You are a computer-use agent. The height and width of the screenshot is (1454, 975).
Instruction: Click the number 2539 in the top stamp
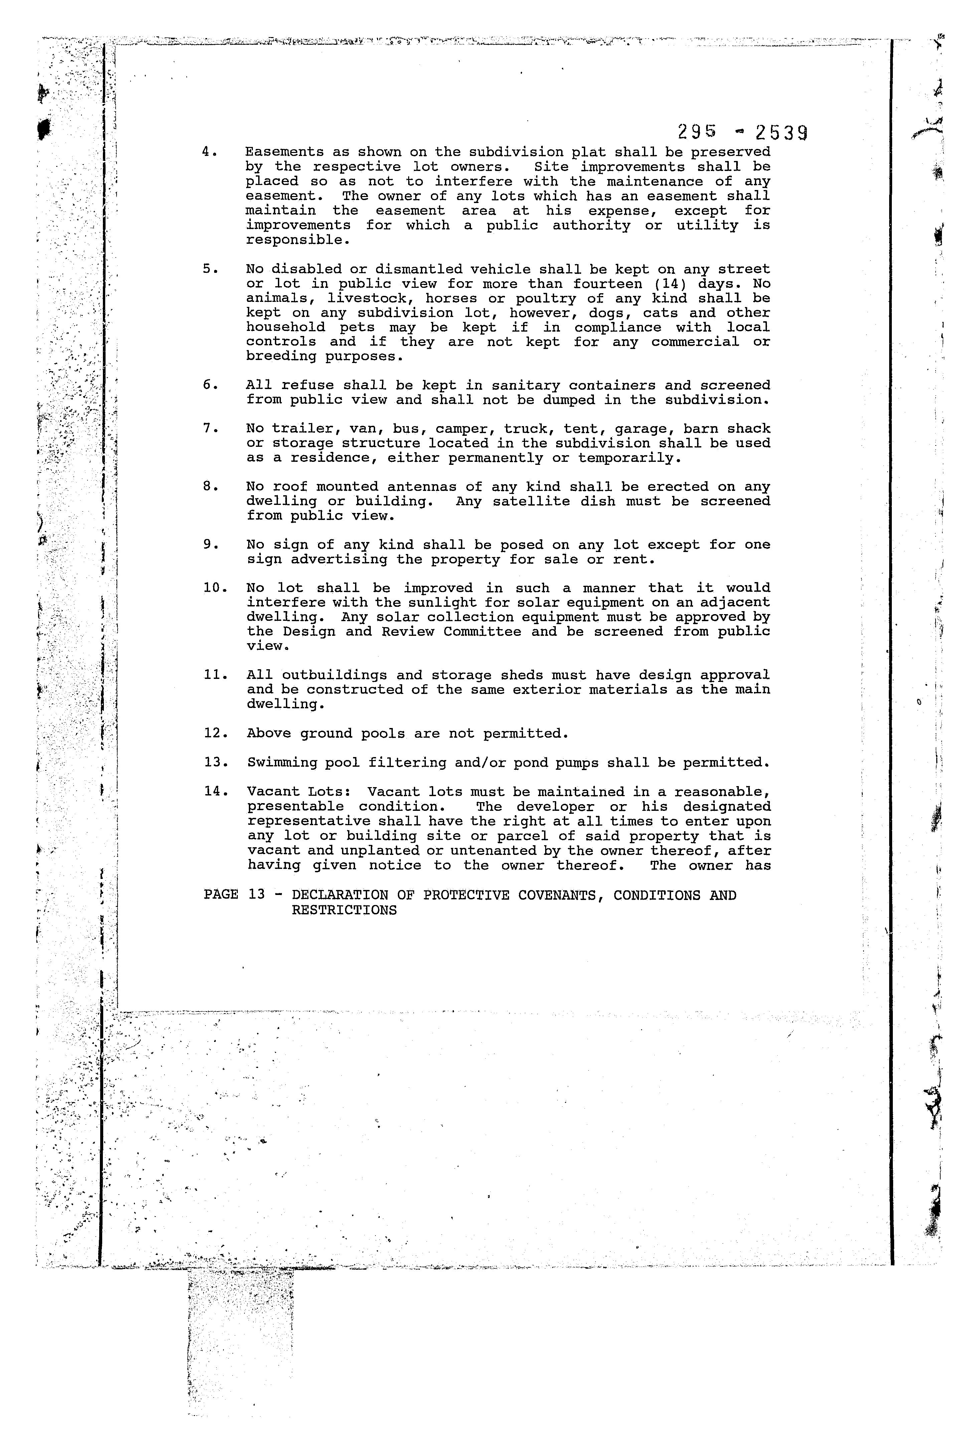(x=781, y=132)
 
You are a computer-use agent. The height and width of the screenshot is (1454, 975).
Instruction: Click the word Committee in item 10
(x=483, y=631)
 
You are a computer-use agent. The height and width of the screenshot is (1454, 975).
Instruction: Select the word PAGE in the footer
(x=221, y=895)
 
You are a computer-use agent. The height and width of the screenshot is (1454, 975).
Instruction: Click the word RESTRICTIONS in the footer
(x=344, y=910)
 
